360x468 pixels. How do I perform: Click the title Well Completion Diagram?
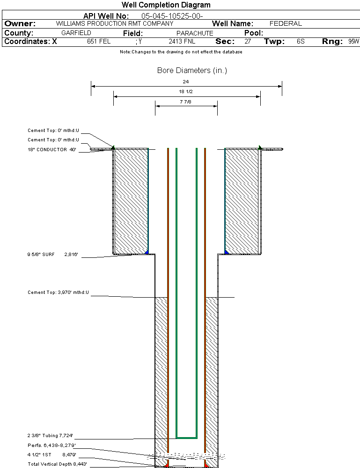[166, 5]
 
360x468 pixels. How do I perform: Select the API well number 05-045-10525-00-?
[172, 16]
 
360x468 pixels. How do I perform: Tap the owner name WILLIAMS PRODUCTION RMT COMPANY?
[115, 23]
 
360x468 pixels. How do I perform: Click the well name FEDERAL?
[286, 23]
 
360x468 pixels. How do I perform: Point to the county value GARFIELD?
[76, 33]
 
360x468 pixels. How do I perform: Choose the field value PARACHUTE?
[195, 33]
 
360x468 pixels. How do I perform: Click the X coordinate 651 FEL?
[99, 41]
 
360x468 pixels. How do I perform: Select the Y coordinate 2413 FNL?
[182, 41]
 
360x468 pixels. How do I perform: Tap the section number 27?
[248, 41]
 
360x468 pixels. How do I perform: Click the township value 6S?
[301, 41]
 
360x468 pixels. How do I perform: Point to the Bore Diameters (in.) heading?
[192, 71]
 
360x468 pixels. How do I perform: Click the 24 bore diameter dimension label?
[186, 81]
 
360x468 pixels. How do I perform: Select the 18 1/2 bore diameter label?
[186, 91]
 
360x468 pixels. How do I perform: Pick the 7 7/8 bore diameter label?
[186, 102]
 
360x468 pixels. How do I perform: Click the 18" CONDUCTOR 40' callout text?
[52, 150]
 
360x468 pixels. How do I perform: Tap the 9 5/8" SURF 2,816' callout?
[52, 254]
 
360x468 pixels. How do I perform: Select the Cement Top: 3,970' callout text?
[58, 292]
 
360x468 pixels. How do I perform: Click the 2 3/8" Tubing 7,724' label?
[50, 436]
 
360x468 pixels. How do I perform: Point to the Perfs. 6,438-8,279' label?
[51, 446]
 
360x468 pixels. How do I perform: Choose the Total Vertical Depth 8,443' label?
[57, 464]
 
